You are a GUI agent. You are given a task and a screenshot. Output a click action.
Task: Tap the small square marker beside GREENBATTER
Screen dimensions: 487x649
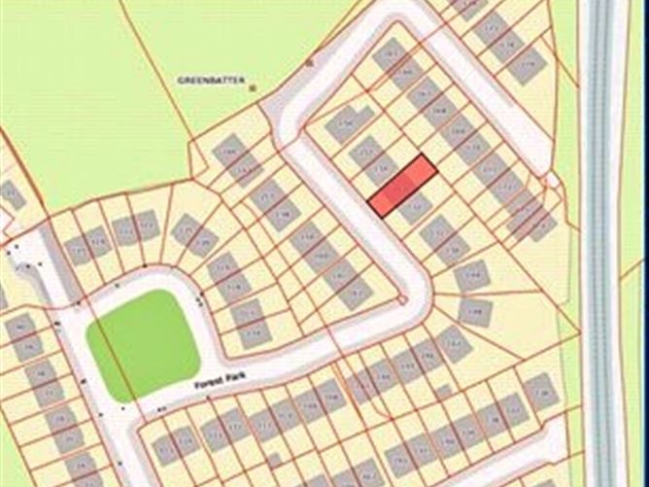point(254,87)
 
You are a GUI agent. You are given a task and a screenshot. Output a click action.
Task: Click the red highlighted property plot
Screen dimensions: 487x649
point(401,184)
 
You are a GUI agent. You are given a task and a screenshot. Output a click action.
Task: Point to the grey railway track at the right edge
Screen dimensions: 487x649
point(601,243)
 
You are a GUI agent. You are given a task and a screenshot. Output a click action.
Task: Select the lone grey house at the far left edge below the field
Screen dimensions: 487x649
point(11,192)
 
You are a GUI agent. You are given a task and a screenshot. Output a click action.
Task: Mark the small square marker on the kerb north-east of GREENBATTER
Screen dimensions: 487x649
point(309,62)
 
